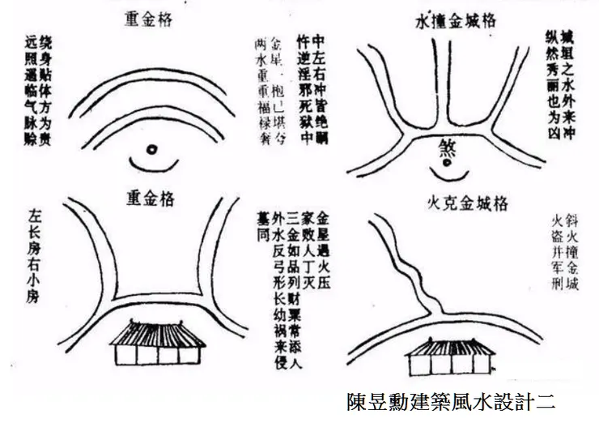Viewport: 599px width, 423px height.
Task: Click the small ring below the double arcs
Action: point(151,149)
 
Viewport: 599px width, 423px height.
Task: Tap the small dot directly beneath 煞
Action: point(446,166)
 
